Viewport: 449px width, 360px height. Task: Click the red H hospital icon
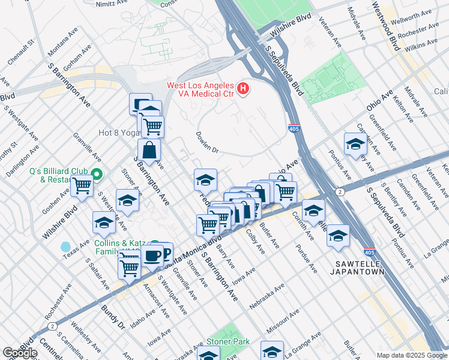click(243, 89)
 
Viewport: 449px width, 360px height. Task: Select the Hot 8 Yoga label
click(118, 133)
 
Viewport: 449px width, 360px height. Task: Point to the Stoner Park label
click(228, 341)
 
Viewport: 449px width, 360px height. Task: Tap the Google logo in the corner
click(19, 353)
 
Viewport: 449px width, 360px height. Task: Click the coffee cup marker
click(152, 256)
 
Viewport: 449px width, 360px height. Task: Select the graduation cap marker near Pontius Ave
click(355, 144)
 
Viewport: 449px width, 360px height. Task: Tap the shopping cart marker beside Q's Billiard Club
click(82, 186)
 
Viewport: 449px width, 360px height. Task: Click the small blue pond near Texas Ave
click(65, 247)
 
